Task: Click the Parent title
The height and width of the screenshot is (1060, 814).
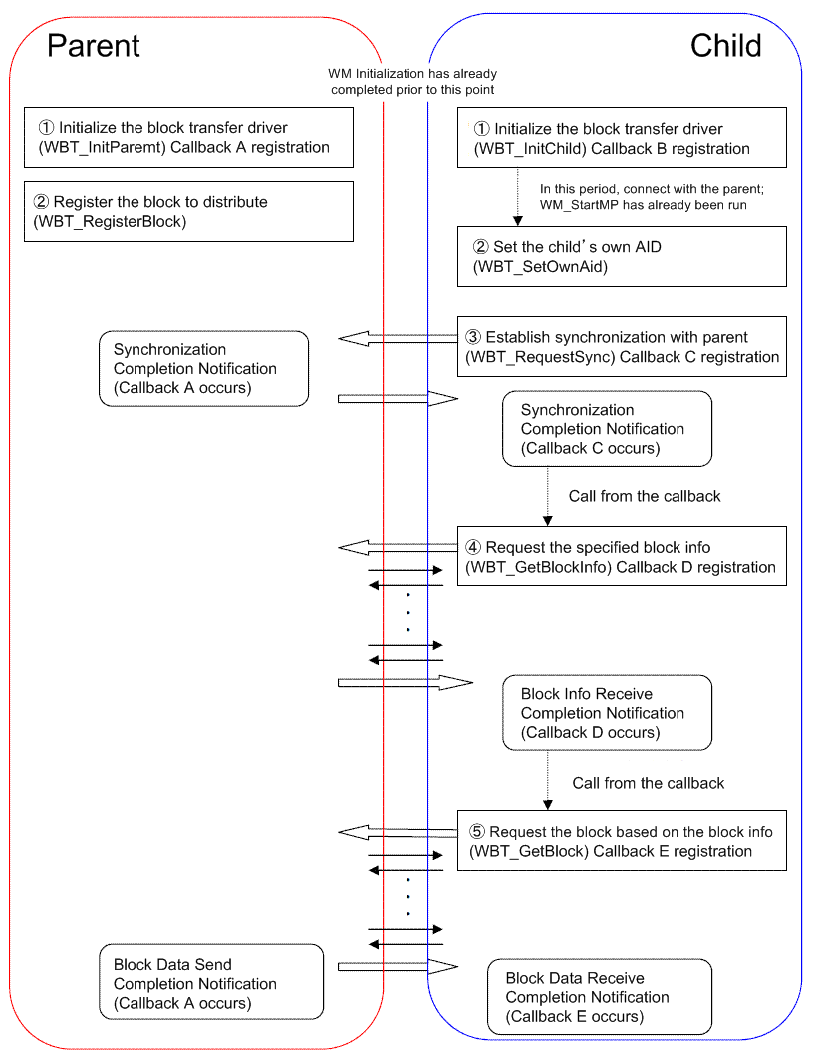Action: (x=94, y=45)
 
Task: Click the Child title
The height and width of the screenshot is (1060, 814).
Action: (x=725, y=45)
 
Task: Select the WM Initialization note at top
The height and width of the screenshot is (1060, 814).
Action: (x=412, y=82)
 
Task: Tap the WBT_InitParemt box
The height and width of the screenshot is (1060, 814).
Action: (x=189, y=137)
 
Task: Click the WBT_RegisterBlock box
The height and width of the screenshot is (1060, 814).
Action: (x=189, y=211)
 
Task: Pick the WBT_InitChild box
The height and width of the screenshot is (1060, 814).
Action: (x=622, y=138)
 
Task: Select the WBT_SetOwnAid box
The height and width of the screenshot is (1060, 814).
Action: (x=622, y=257)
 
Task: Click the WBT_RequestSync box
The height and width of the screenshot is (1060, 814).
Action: (x=622, y=346)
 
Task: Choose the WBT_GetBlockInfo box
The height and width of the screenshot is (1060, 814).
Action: (x=622, y=557)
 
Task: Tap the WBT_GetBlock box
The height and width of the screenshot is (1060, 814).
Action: (x=622, y=841)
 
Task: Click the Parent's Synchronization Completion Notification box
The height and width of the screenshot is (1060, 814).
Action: (x=203, y=369)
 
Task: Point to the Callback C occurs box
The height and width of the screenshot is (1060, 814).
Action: (x=607, y=429)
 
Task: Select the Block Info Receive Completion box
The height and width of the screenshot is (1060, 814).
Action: (x=607, y=713)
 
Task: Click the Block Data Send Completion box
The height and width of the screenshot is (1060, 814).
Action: (x=211, y=983)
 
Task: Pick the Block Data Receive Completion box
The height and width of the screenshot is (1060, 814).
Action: (x=599, y=997)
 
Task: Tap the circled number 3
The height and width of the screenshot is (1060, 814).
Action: (x=474, y=337)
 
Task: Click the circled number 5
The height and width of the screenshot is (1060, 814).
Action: (x=478, y=832)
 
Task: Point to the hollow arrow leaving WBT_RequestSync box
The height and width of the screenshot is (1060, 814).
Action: (x=398, y=338)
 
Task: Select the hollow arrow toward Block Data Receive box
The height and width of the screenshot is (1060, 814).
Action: (x=398, y=965)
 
